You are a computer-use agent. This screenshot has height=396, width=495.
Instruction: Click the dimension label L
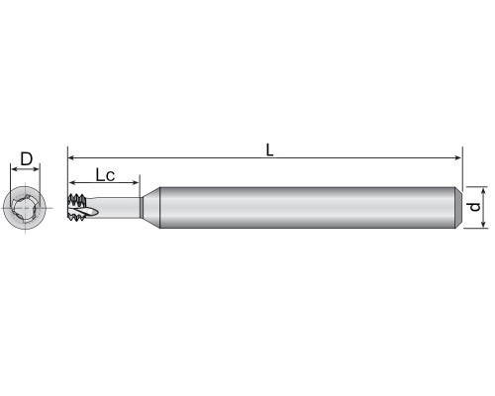click(x=269, y=150)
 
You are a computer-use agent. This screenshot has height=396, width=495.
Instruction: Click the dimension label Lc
click(x=105, y=175)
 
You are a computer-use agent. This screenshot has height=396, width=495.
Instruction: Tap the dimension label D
click(x=27, y=158)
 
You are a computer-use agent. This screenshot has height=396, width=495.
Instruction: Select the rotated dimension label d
click(x=475, y=207)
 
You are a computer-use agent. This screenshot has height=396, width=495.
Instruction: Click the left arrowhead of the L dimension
click(x=71, y=158)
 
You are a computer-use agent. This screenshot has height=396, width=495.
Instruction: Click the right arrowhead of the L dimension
click(x=458, y=158)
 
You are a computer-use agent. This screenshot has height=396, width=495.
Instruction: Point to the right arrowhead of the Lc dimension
click(x=136, y=182)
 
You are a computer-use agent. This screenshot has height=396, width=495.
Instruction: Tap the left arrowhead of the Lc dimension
click(x=72, y=182)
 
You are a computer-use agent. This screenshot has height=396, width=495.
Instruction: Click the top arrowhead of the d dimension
click(x=484, y=191)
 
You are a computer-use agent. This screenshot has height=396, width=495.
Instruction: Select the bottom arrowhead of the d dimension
click(x=484, y=224)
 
